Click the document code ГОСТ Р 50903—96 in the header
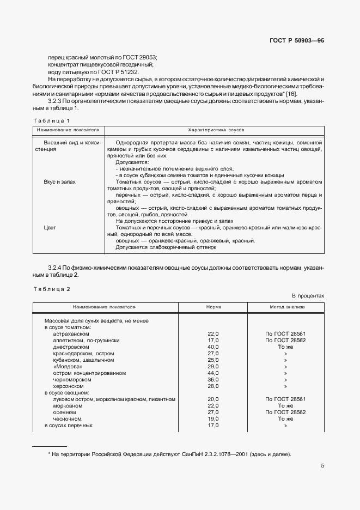tap(297, 41)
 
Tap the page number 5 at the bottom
tap(322, 466)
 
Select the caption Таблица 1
tap(52, 120)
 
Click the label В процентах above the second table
tap(308, 295)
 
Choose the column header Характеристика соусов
tap(216, 131)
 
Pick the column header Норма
tap(213, 307)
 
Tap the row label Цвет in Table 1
tap(50, 228)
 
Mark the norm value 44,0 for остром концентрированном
tap(213, 373)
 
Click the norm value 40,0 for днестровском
tap(213, 347)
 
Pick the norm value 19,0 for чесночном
tap(213, 419)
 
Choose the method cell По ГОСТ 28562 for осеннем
tap(285, 412)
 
